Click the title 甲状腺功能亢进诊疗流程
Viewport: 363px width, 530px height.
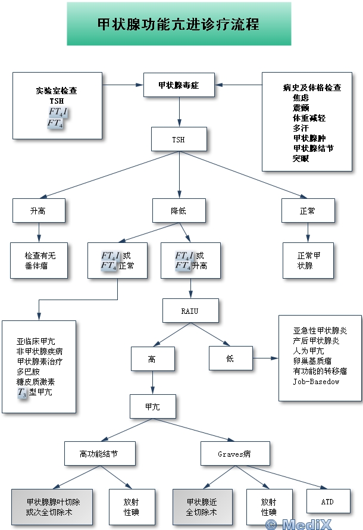point(179,24)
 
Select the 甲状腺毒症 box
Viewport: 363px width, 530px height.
point(179,85)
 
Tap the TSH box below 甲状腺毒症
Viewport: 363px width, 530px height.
point(179,139)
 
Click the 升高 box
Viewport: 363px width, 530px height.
point(38,211)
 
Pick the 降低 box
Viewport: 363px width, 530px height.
point(179,211)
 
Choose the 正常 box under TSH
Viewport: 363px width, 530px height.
point(308,211)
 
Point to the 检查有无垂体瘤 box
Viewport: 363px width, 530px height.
point(40,260)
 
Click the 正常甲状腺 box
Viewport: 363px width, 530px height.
point(308,260)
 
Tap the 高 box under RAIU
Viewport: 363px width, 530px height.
point(153,359)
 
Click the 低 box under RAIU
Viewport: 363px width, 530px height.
point(230,358)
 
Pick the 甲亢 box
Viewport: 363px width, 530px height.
point(153,407)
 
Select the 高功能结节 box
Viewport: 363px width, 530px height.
point(99,454)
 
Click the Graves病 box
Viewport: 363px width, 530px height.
point(234,454)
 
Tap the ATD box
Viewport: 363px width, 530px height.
point(327,502)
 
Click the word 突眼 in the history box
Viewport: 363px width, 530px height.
point(301,158)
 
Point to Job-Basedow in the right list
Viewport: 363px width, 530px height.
point(316,381)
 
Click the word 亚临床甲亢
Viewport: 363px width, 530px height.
point(36,342)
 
